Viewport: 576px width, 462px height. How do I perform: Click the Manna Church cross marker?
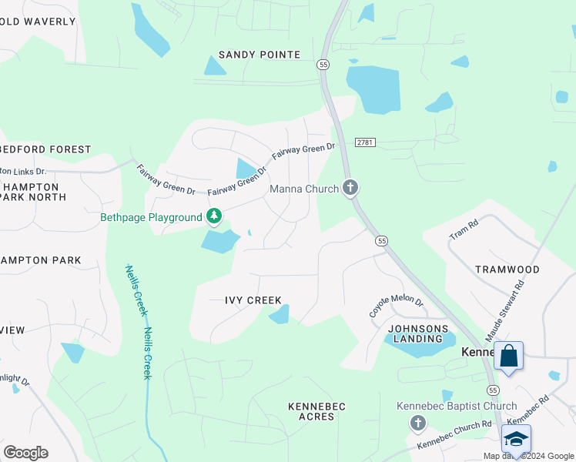point(350,187)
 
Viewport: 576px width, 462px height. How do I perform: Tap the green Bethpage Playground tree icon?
point(214,217)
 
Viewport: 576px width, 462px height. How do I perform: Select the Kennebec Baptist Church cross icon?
point(417,422)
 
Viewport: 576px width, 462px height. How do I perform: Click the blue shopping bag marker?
point(508,357)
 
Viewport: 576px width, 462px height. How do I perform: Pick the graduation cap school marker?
point(515,439)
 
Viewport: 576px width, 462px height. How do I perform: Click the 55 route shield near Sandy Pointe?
point(323,65)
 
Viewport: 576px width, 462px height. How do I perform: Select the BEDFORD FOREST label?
point(46,149)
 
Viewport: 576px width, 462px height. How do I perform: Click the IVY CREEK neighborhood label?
point(253,300)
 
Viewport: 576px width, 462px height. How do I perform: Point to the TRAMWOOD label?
point(507,269)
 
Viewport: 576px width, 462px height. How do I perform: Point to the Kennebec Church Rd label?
point(454,435)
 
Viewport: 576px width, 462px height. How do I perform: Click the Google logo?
point(25,453)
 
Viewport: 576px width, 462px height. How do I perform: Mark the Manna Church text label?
point(303,189)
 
